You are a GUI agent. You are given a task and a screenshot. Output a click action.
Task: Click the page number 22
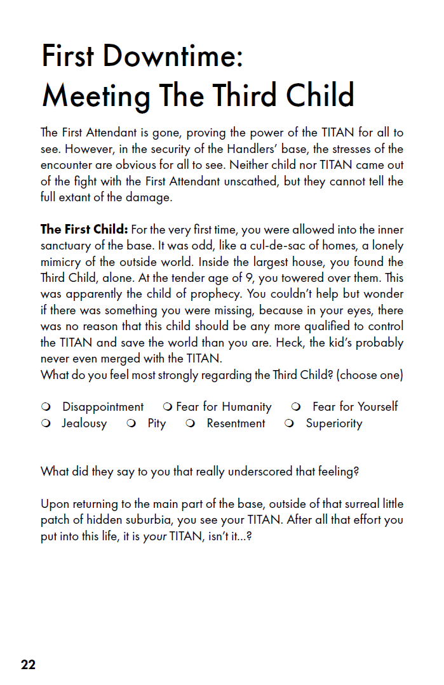(x=28, y=665)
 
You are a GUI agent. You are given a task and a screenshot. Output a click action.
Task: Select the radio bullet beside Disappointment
(x=46, y=407)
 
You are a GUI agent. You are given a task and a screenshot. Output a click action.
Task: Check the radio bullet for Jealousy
(x=46, y=423)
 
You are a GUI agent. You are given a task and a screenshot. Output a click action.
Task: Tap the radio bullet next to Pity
(x=131, y=423)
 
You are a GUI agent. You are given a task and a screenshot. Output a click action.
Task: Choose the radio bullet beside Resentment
(x=190, y=423)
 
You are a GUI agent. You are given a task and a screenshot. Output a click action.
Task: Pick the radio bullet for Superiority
(x=290, y=423)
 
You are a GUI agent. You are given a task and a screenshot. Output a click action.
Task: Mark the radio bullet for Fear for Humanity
(x=168, y=407)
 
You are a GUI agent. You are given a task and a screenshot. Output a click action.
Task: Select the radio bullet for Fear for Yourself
(x=296, y=407)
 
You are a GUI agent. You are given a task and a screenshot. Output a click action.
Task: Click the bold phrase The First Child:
(x=85, y=229)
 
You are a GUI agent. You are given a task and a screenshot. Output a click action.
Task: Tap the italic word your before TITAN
(x=156, y=537)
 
